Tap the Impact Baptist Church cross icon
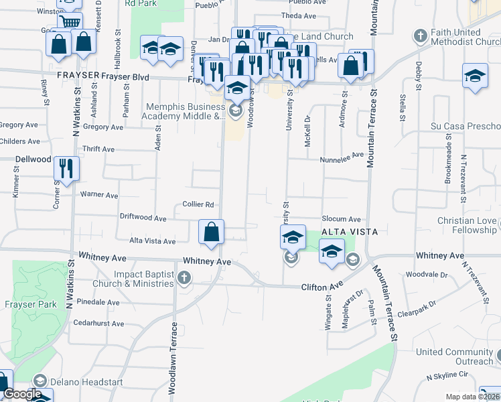coord(184,277)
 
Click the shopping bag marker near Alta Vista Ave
coord(211,232)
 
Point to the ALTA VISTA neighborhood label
coord(350,232)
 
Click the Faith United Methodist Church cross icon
coord(420,36)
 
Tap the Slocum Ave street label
coord(341,219)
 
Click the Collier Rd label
coord(198,204)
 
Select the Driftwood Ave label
coord(143,218)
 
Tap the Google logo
coord(22,395)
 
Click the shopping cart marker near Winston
coord(69,22)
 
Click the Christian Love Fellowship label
coord(468,225)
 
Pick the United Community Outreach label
coord(454,356)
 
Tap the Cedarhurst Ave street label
coord(99,323)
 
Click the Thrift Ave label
coord(98,149)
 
